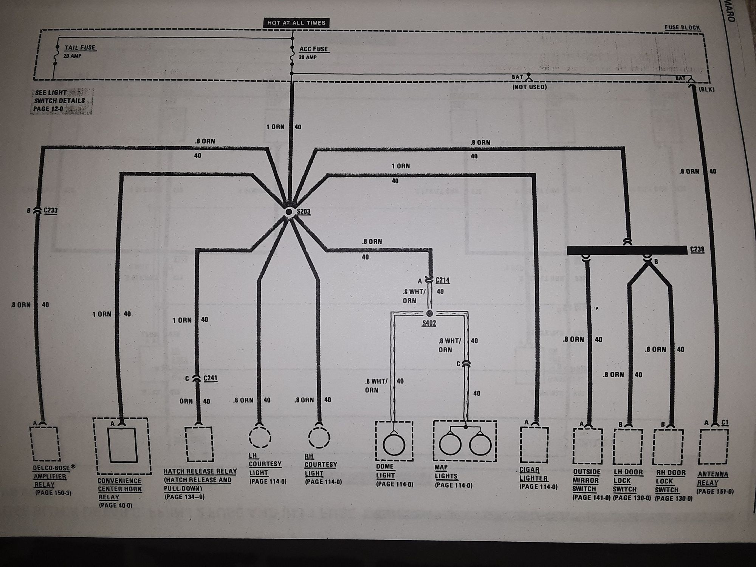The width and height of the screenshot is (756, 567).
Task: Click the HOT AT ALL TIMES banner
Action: [296, 23]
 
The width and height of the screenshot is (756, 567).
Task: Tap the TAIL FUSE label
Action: [79, 48]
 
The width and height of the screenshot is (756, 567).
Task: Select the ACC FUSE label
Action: [313, 49]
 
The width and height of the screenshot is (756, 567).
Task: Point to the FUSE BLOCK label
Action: [682, 28]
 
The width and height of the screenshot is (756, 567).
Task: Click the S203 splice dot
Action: [289, 212]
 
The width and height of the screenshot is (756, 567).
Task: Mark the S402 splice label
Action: [429, 323]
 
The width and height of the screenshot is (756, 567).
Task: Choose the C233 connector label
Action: [50, 211]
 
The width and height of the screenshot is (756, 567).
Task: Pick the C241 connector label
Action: [210, 378]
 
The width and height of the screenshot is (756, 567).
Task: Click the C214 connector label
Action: [443, 280]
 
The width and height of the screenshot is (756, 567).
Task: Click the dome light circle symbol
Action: [394, 445]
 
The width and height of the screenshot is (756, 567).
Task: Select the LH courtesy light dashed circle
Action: [260, 437]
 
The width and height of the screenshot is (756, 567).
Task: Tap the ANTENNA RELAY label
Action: [713, 479]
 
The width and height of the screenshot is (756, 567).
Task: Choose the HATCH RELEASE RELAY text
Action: [200, 471]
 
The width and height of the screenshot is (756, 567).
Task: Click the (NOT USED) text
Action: [529, 87]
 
